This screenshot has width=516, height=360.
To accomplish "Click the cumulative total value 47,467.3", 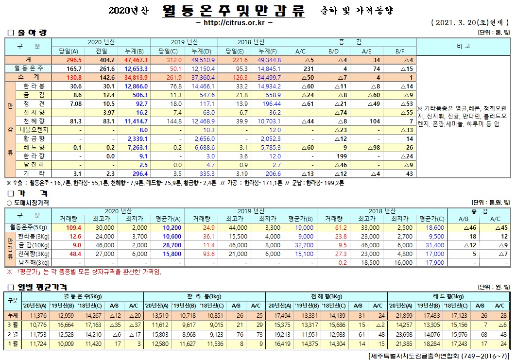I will pyautogui.click(x=136, y=60).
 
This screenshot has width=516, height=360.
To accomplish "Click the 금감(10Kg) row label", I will pyautogui.click(x=34, y=245).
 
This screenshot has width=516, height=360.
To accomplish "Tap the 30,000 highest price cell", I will pyautogui.click(x=104, y=227).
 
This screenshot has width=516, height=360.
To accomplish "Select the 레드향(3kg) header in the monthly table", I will pyautogui.click(x=448, y=296).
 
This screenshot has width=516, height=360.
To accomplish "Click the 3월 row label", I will pyautogui.click(x=12, y=324).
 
